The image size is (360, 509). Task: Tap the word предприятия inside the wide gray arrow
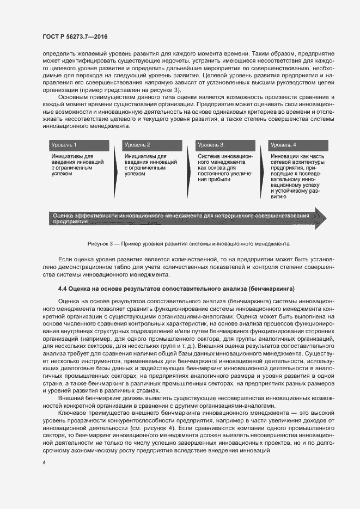pos(70,222)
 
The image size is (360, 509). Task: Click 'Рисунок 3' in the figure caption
pos(100,243)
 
